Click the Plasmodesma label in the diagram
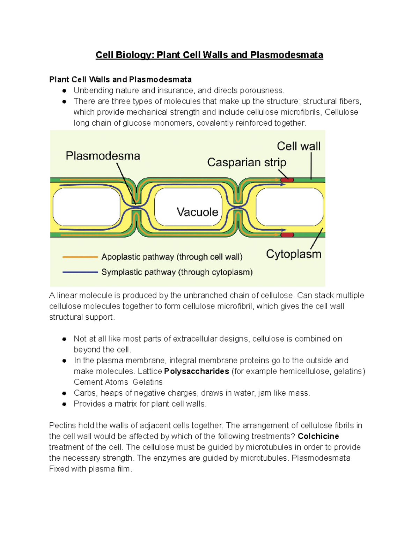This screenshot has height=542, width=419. coord(103,156)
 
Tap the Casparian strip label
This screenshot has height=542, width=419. coord(247,162)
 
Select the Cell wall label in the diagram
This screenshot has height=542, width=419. coord(299,146)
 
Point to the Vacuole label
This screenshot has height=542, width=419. coord(197,212)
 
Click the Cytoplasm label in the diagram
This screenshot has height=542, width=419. coord(293,254)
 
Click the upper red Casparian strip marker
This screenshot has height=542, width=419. coord(287,180)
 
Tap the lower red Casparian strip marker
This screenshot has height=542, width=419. coord(287,235)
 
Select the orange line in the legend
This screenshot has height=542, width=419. coord(80,257)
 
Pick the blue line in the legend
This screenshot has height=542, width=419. coord(80,272)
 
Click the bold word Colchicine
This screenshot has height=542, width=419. coord(318,436)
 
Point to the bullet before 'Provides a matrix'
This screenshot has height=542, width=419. coord(64,404)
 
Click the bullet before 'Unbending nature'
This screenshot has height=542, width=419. coord(64,91)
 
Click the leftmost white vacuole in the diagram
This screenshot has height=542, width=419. coord(86,207)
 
